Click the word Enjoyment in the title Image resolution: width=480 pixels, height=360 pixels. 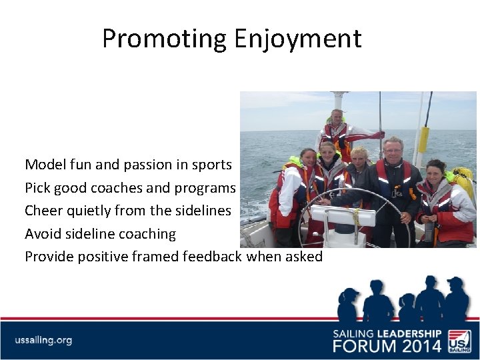(297, 39)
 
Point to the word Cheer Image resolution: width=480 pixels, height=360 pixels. (43, 210)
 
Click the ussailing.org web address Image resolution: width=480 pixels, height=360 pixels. (43, 340)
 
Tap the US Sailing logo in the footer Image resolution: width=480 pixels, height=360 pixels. (459, 341)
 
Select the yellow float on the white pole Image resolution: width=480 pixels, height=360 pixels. (423, 139)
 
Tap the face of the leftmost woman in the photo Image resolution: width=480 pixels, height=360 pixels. (308, 159)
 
